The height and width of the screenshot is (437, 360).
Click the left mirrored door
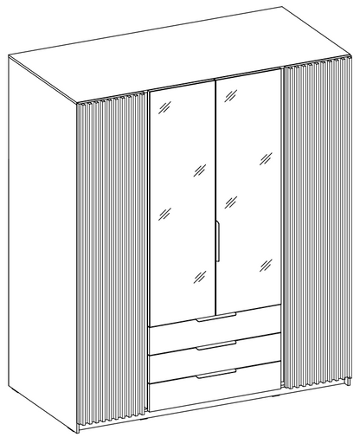click(182, 199)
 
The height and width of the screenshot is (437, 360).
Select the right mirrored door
click(249, 190)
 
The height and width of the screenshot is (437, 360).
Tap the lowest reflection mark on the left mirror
click(199, 278)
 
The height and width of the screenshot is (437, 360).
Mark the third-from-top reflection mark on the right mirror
click(231, 201)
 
